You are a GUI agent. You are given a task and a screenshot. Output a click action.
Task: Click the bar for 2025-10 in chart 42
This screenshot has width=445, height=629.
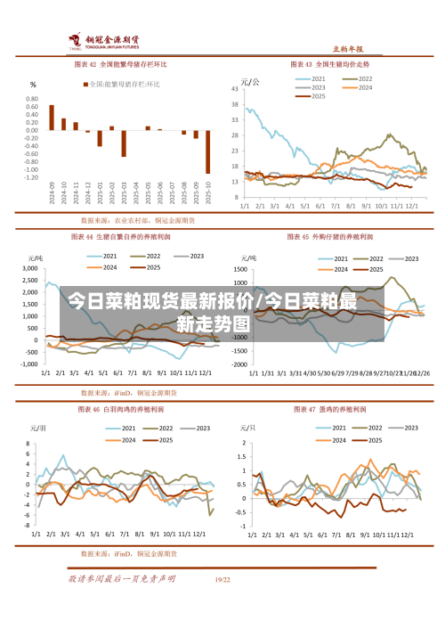tap(208, 151)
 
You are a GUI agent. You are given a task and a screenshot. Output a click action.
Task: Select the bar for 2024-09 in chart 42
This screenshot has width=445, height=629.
tap(52, 118)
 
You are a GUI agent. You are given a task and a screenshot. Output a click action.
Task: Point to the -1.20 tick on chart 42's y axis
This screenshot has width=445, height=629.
tap(31, 177)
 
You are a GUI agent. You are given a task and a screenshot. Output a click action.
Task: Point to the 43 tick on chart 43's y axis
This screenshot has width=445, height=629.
tap(234, 89)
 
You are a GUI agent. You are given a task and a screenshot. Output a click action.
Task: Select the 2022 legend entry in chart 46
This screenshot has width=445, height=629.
tap(161, 429)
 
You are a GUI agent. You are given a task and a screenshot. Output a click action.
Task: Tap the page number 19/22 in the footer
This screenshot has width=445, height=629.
tap(222, 580)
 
